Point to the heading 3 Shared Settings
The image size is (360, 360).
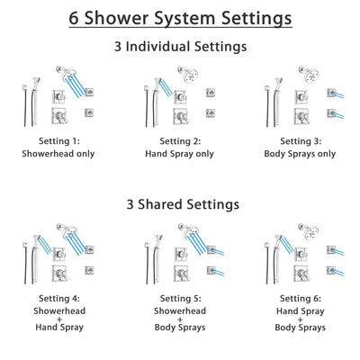pos(180,204)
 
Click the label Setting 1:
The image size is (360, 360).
pos(58,141)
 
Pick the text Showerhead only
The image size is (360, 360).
pos(58,153)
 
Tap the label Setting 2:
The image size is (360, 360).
pos(179,141)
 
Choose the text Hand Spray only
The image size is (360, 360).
pos(179,153)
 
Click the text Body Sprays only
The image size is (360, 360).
pos(301,153)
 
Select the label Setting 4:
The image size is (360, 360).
pos(58,297)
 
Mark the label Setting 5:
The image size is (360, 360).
pos(179,297)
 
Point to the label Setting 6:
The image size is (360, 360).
pos(301,297)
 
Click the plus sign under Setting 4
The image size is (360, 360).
pos(58,318)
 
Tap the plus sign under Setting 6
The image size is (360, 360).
pos(301,318)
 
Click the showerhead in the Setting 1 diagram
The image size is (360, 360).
pos(64,73)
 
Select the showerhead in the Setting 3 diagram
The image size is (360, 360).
pos(307,73)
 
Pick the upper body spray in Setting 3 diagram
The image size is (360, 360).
pos(330,90)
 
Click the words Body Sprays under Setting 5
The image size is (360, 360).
pos(179,328)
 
